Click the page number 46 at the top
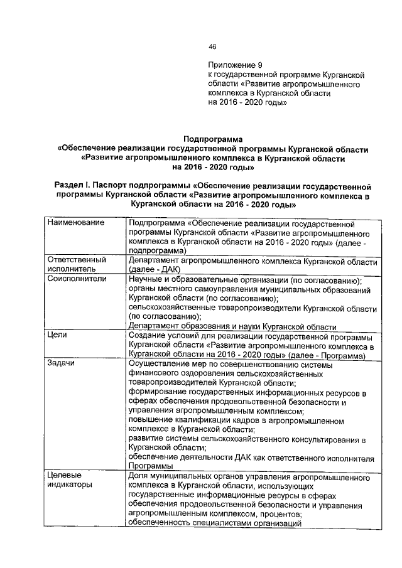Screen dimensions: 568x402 click(212, 46)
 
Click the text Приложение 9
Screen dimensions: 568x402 click(236, 65)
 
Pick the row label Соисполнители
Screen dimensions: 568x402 click(76, 279)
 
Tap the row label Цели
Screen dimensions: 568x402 click(58, 336)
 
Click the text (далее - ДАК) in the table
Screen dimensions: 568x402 click(155, 269)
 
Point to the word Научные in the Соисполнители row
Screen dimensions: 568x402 click(146, 279)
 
